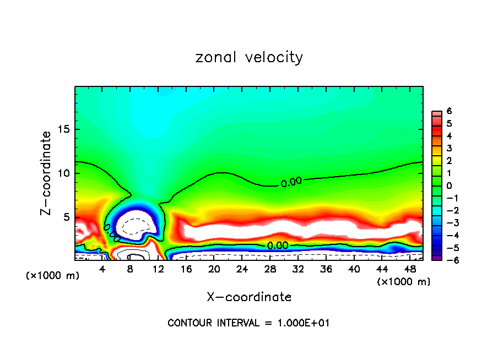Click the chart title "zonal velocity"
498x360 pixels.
click(249, 57)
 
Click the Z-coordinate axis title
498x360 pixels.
click(47, 173)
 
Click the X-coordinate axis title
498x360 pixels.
click(249, 297)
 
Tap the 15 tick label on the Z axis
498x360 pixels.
click(63, 129)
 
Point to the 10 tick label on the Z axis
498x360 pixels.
click(63, 173)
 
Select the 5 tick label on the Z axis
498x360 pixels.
click(66, 217)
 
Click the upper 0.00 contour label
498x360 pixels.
click(291, 183)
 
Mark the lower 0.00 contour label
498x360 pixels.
click(277, 246)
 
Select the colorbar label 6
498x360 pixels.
click(450, 111)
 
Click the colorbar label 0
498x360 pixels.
click(450, 186)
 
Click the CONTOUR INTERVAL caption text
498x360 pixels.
click(248, 323)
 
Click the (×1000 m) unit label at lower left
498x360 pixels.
click(53, 276)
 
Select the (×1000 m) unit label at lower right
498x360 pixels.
click(404, 281)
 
